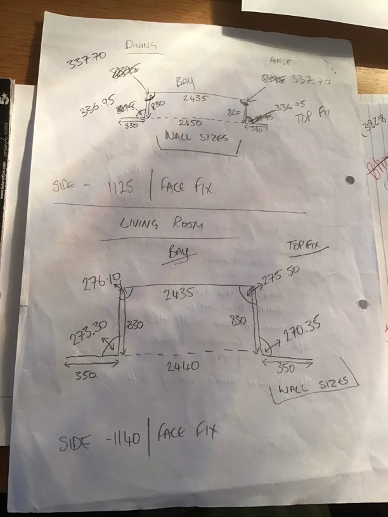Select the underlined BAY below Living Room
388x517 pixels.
point(179,252)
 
